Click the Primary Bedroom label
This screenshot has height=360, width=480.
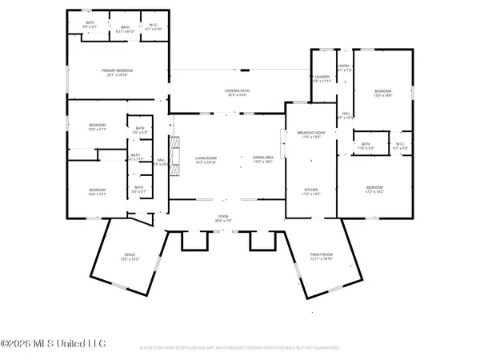coord(117,73)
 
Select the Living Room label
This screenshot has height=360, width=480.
coord(207,159)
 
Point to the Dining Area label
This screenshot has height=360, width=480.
coord(263,159)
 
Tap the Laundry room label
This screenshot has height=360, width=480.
coord(322,78)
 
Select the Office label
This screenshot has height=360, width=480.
coord(130,258)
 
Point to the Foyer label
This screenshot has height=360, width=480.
coord(223,217)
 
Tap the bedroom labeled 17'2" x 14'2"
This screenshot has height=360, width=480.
coord(374,191)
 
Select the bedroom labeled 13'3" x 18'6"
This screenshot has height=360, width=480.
coord(385,94)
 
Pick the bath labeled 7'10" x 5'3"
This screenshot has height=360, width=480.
coord(365,146)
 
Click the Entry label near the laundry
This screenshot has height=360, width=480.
coord(345,68)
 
